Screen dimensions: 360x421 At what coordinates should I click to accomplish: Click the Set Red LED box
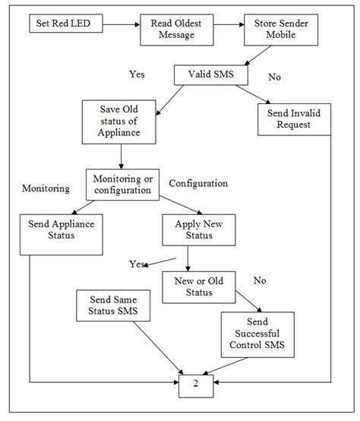[66, 24]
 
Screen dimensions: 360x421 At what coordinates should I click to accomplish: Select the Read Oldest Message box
[177, 30]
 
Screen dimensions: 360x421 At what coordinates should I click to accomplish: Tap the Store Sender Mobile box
[281, 30]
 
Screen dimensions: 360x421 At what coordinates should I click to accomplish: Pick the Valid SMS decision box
[211, 75]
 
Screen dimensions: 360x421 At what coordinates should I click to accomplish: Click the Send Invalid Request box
[294, 119]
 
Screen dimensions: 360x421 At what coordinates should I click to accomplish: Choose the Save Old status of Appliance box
[118, 122]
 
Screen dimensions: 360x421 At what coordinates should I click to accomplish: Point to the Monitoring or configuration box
[122, 185]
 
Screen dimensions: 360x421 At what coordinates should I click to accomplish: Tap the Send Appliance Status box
[62, 234]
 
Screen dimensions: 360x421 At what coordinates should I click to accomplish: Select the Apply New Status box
[199, 229]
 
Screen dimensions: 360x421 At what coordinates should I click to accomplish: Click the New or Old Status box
[199, 287]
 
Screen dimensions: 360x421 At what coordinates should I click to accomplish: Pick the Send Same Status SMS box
[113, 305]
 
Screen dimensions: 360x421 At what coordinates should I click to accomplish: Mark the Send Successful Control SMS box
[257, 334]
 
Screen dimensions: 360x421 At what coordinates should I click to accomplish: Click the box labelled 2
[196, 386]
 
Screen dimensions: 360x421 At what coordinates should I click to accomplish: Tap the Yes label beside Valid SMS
[137, 74]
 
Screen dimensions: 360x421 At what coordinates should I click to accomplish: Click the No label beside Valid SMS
[274, 77]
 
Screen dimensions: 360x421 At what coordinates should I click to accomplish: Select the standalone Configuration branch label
[198, 183]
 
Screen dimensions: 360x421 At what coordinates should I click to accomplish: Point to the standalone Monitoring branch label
[46, 188]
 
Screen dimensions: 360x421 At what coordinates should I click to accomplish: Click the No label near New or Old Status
[260, 280]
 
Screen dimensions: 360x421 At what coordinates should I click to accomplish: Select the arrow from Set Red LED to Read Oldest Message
[122, 25]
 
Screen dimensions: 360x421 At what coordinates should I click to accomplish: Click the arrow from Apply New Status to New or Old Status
[188, 258]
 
